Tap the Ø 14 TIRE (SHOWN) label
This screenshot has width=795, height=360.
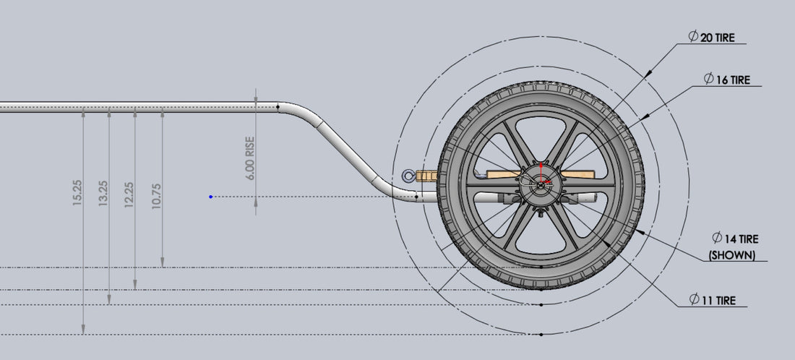click(734, 246)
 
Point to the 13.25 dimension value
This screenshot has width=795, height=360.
click(103, 193)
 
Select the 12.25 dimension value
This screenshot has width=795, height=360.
click(129, 193)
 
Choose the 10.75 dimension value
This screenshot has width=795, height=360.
click(156, 193)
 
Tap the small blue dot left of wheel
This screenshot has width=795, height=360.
click(210, 197)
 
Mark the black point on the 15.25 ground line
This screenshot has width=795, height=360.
click(541, 334)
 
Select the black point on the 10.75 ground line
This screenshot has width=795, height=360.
click(541, 267)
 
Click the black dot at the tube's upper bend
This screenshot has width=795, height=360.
click(278, 108)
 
